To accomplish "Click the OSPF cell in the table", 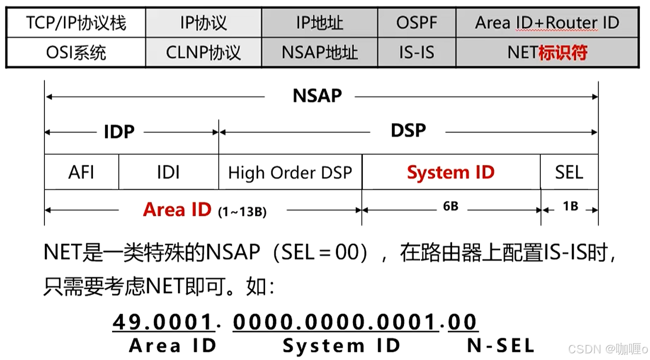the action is click(x=416, y=22).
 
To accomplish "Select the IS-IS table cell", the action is click(x=416, y=52).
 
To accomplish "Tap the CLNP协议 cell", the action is click(x=203, y=52).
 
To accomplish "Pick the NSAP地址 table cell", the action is click(x=320, y=52).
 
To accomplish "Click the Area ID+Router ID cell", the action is click(x=547, y=22).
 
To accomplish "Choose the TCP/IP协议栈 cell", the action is click(x=76, y=22).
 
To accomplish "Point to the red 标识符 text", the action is click(x=563, y=52).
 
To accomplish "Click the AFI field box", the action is click(x=81, y=172).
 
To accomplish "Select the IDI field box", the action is click(x=168, y=172).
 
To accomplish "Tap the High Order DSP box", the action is click(x=290, y=172).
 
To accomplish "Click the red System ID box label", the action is click(x=450, y=172).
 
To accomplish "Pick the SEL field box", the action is click(x=569, y=172).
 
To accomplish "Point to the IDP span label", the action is click(x=119, y=132).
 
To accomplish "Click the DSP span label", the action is click(x=408, y=131).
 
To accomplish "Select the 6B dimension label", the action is click(x=451, y=207).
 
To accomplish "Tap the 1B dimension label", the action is click(x=570, y=207).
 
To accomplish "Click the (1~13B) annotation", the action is click(x=242, y=212).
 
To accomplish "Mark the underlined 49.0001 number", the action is click(x=163, y=322).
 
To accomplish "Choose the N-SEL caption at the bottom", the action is click(x=501, y=346).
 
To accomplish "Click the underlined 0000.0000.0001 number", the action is click(x=335, y=322).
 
